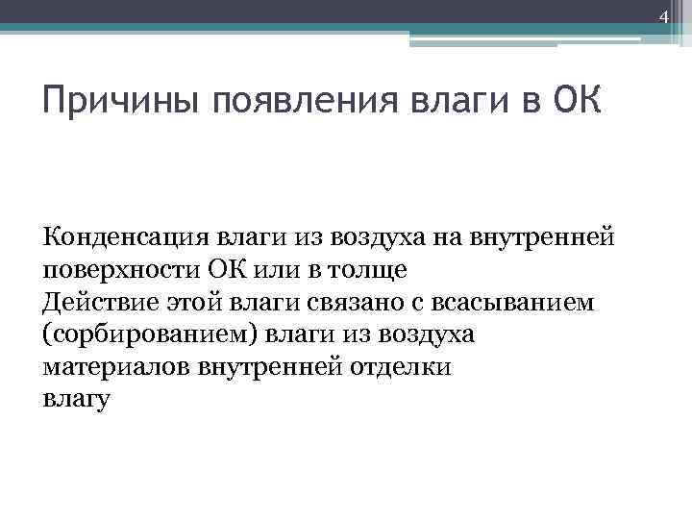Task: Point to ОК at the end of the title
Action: coord(577,99)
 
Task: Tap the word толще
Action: coord(380,269)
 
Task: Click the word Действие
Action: coord(93,302)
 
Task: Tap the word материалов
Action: coord(115,367)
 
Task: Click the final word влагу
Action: coord(77,400)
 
